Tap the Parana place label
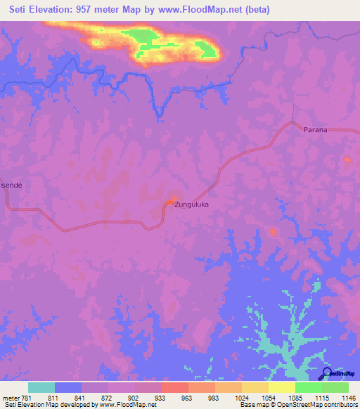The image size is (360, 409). coord(316,130)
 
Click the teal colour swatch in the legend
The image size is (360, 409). coord(41,387)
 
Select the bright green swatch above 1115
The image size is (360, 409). coord(309,387)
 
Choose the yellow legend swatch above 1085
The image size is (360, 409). coord(282,387)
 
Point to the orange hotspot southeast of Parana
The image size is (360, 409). coord(347,160)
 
